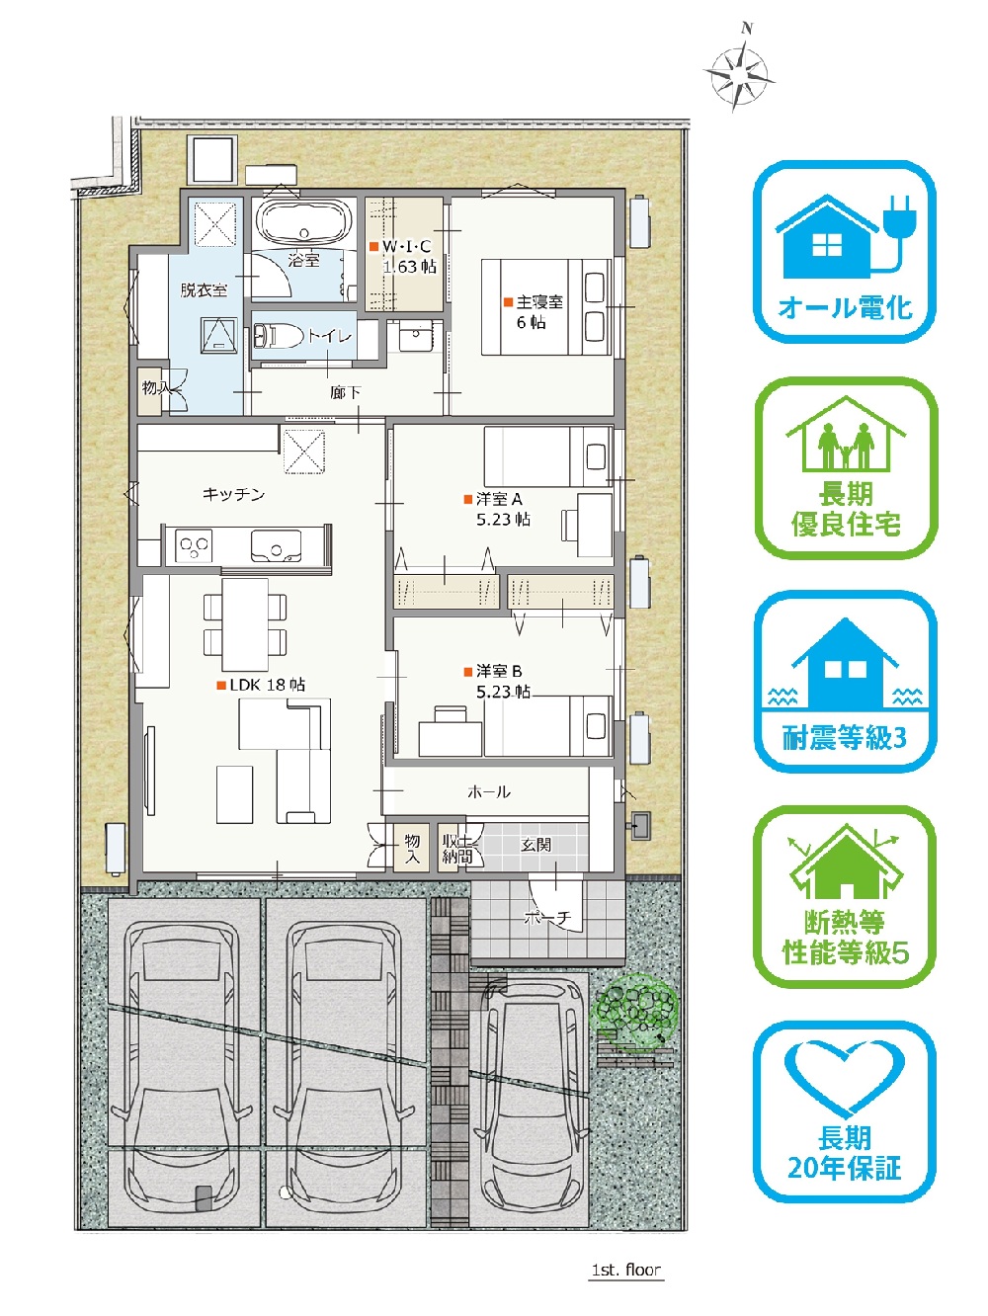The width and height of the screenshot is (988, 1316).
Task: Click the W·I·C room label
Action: (406, 246)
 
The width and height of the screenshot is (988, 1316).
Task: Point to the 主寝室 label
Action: (539, 301)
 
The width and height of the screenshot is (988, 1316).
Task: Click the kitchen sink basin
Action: (276, 546)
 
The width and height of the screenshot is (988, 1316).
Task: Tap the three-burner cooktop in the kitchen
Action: (194, 546)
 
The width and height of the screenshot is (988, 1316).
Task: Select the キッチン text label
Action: (233, 494)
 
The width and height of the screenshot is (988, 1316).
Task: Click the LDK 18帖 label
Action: (268, 685)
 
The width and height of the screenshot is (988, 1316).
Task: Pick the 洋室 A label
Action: (499, 499)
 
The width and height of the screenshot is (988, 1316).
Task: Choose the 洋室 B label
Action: (499, 671)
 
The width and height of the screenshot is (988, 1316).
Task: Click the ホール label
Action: (489, 792)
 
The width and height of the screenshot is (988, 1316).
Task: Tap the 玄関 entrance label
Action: (535, 845)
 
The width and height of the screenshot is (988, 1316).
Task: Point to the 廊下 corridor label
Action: (346, 392)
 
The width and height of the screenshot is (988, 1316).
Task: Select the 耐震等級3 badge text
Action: (844, 738)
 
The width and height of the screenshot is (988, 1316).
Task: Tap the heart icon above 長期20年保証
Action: (844, 1079)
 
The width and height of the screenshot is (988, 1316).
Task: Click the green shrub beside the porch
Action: (634, 1010)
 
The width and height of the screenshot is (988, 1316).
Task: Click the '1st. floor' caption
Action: (625, 1270)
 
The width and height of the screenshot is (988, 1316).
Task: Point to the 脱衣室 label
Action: (204, 290)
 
